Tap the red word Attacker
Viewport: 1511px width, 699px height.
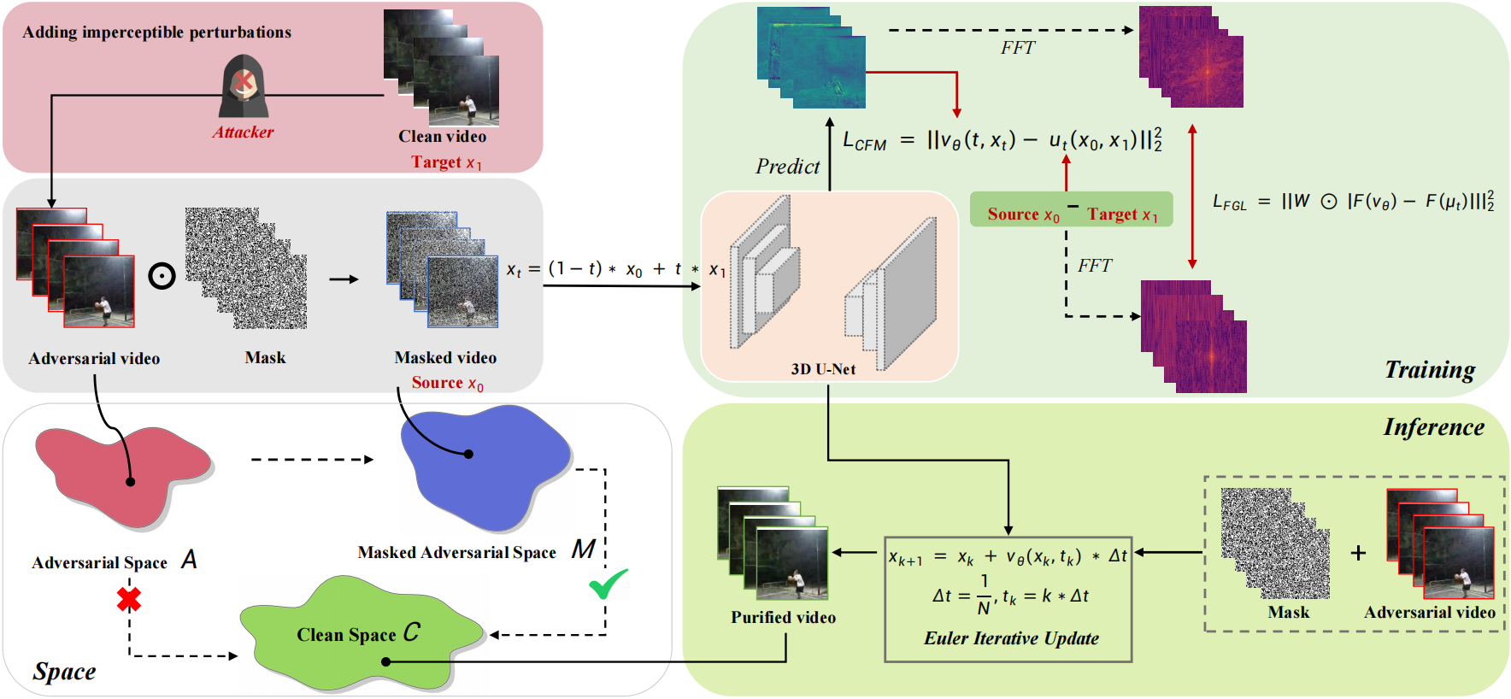[243, 132]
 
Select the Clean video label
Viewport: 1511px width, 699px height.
[442, 137]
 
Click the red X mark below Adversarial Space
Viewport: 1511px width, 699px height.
[129, 599]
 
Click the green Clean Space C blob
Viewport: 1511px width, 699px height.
[359, 634]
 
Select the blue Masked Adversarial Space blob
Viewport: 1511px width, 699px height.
[483, 466]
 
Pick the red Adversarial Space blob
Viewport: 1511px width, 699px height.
[120, 474]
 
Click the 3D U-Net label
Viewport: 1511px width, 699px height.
[823, 369]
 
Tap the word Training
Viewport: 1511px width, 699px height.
[1430, 370]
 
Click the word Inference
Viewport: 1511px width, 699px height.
[1434, 427]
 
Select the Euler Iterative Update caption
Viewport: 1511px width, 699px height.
[1011, 638]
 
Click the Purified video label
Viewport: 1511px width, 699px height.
[783, 618]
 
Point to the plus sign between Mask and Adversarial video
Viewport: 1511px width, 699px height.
[1358, 554]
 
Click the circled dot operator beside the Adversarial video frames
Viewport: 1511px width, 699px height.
[162, 276]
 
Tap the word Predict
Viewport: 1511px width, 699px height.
[787, 167]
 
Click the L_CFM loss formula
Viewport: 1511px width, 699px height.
[1002, 140]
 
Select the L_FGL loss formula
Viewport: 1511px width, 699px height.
[1353, 202]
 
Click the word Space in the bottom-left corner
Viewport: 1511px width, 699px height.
[64, 672]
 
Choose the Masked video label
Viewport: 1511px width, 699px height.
[445, 358]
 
